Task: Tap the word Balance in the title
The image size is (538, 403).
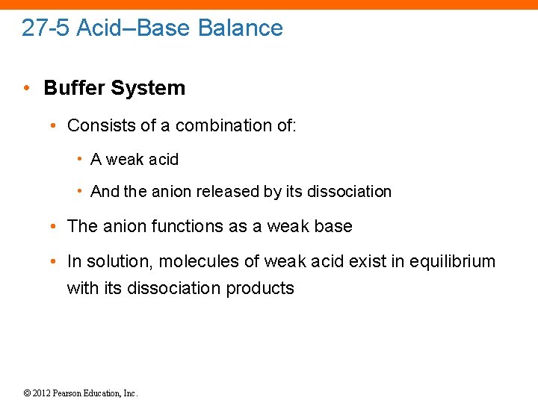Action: (241, 28)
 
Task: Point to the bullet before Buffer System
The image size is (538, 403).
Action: (26, 88)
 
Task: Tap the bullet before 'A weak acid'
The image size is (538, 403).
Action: (79, 159)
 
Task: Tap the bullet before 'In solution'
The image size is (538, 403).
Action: (56, 262)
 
